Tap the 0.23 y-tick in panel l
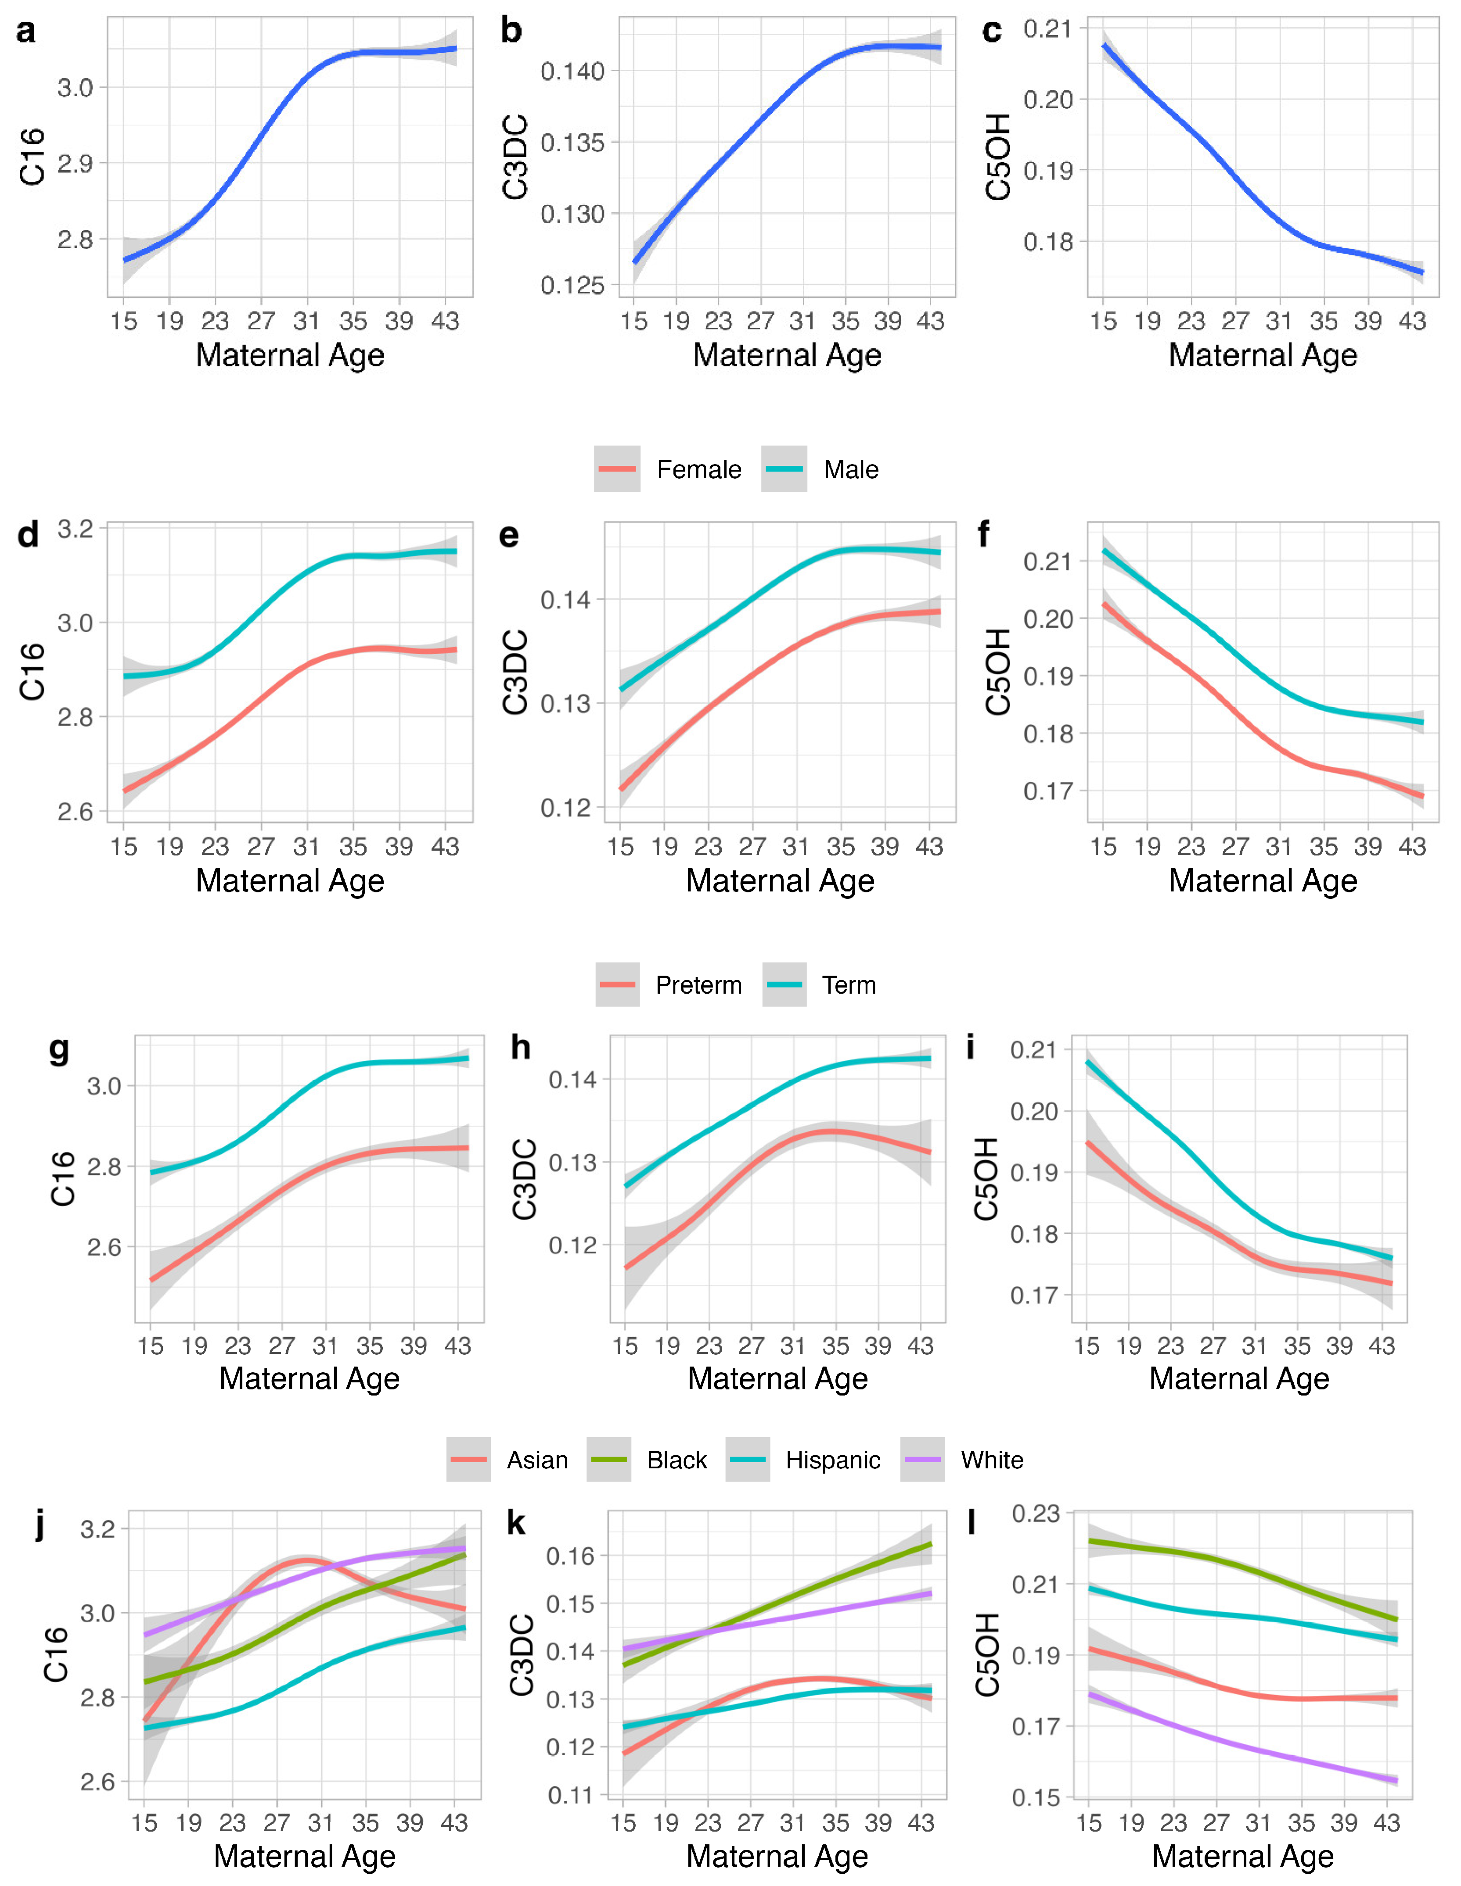pyautogui.click(x=1035, y=1514)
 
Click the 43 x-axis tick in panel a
pyautogui.click(x=445, y=321)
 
